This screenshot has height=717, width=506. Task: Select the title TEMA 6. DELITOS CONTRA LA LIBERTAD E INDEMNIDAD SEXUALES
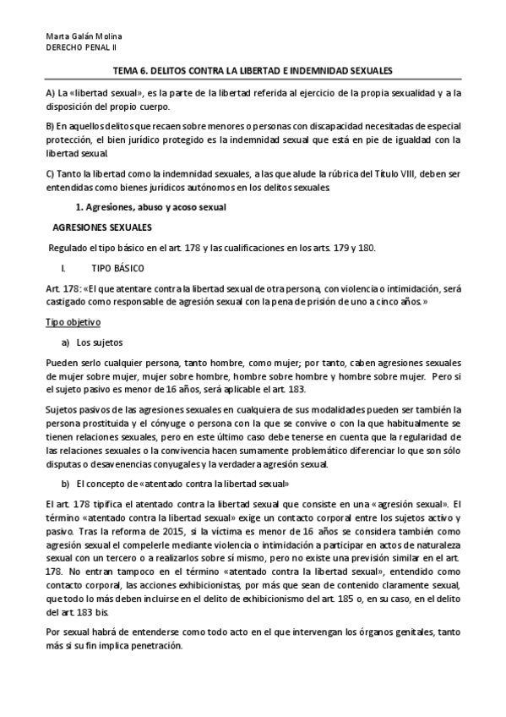(253, 73)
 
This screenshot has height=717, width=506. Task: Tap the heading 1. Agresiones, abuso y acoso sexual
(139, 207)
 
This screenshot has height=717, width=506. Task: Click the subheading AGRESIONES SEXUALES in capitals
(102, 227)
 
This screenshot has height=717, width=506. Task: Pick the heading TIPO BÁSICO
(117, 267)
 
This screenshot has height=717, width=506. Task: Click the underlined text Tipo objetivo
(73, 322)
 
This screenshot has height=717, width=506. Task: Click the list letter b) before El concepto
(65, 484)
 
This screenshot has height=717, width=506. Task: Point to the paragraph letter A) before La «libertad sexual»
(51, 91)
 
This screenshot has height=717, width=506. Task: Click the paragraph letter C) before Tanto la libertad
(51, 173)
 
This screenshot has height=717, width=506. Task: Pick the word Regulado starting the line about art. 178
(69, 247)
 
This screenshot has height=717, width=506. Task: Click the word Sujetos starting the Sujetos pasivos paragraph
(63, 410)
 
